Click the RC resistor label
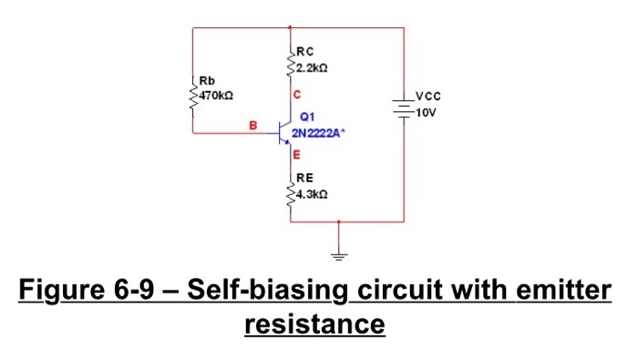pyautogui.click(x=303, y=52)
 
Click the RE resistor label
pyautogui.click(x=303, y=180)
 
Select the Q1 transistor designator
pyautogui.click(x=303, y=117)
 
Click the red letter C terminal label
pyautogui.click(x=296, y=95)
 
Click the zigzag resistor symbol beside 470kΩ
pyautogui.click(x=193, y=103)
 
